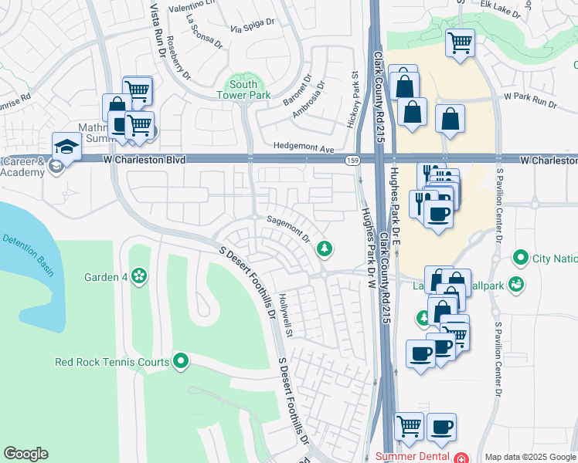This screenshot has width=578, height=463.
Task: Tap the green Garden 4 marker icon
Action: point(139,275)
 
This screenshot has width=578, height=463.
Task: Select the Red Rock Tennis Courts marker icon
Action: point(181,360)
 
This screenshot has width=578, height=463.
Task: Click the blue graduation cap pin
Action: point(66,145)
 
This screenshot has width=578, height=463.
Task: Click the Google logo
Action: point(25,454)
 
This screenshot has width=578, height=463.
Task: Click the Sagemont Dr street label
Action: point(288,229)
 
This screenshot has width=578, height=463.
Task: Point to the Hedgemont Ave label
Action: point(303,147)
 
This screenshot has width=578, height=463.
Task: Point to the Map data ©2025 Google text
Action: point(531,457)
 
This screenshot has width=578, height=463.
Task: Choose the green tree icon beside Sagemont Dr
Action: point(325,248)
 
